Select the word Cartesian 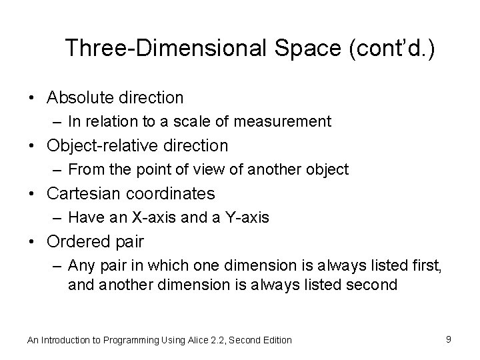[x=83, y=193]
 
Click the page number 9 [x=449, y=339]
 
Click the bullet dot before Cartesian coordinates [x=32, y=194]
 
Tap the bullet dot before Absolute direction [x=32, y=99]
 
